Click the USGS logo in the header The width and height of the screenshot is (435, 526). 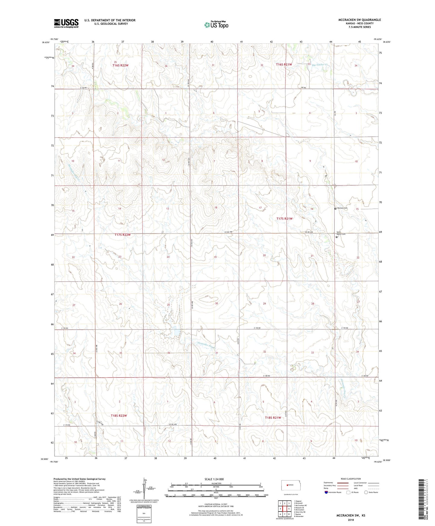tap(66, 23)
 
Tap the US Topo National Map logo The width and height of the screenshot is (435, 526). tap(216, 25)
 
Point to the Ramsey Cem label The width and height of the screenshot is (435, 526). tap(342, 208)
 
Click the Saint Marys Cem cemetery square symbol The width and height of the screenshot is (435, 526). tap(337, 237)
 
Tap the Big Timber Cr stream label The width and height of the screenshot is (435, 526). tap(319, 65)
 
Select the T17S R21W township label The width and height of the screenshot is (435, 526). tap(284, 219)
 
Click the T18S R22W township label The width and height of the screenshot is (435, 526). tap(119, 415)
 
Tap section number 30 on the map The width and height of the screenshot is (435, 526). tap(216, 304)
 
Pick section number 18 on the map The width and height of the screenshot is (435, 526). tap(216, 208)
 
